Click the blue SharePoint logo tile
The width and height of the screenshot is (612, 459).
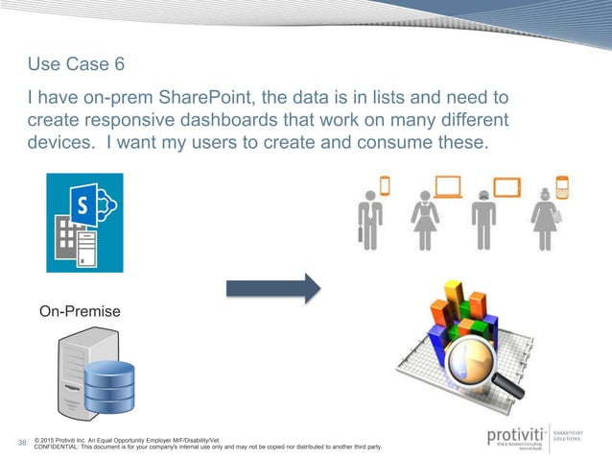(x=84, y=223)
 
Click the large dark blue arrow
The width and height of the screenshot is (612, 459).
(x=272, y=285)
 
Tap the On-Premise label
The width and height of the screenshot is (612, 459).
(x=81, y=312)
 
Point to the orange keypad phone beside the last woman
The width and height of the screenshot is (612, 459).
(x=562, y=184)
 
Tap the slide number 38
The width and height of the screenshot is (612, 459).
(x=22, y=443)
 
